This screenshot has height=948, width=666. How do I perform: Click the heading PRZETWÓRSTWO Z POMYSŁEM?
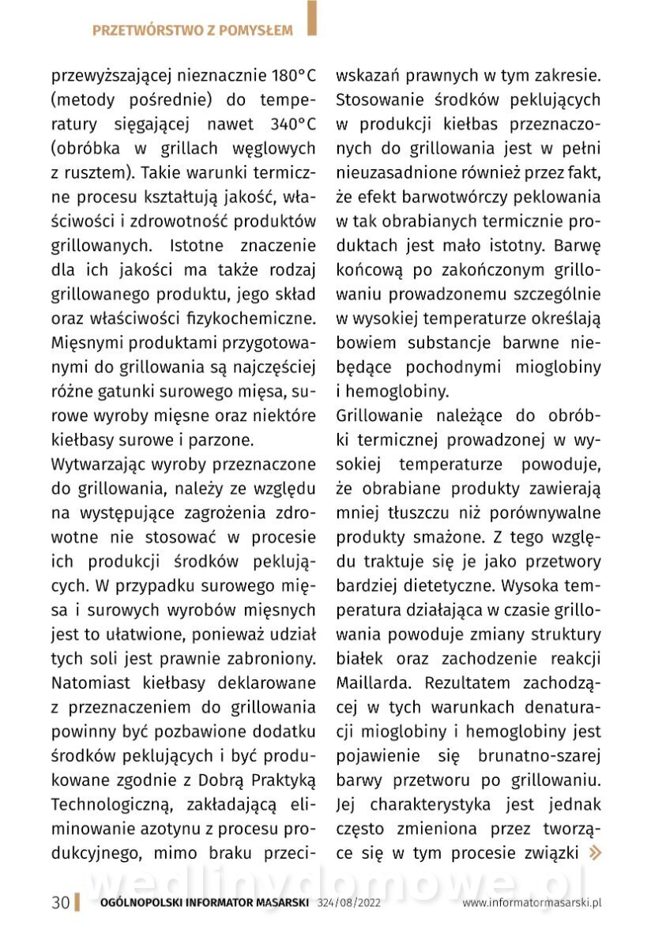click(x=192, y=31)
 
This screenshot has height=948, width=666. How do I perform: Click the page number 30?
click(x=60, y=903)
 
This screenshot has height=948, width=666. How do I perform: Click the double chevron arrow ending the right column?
click(x=596, y=853)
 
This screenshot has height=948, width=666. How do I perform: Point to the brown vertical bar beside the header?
click(x=312, y=17)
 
